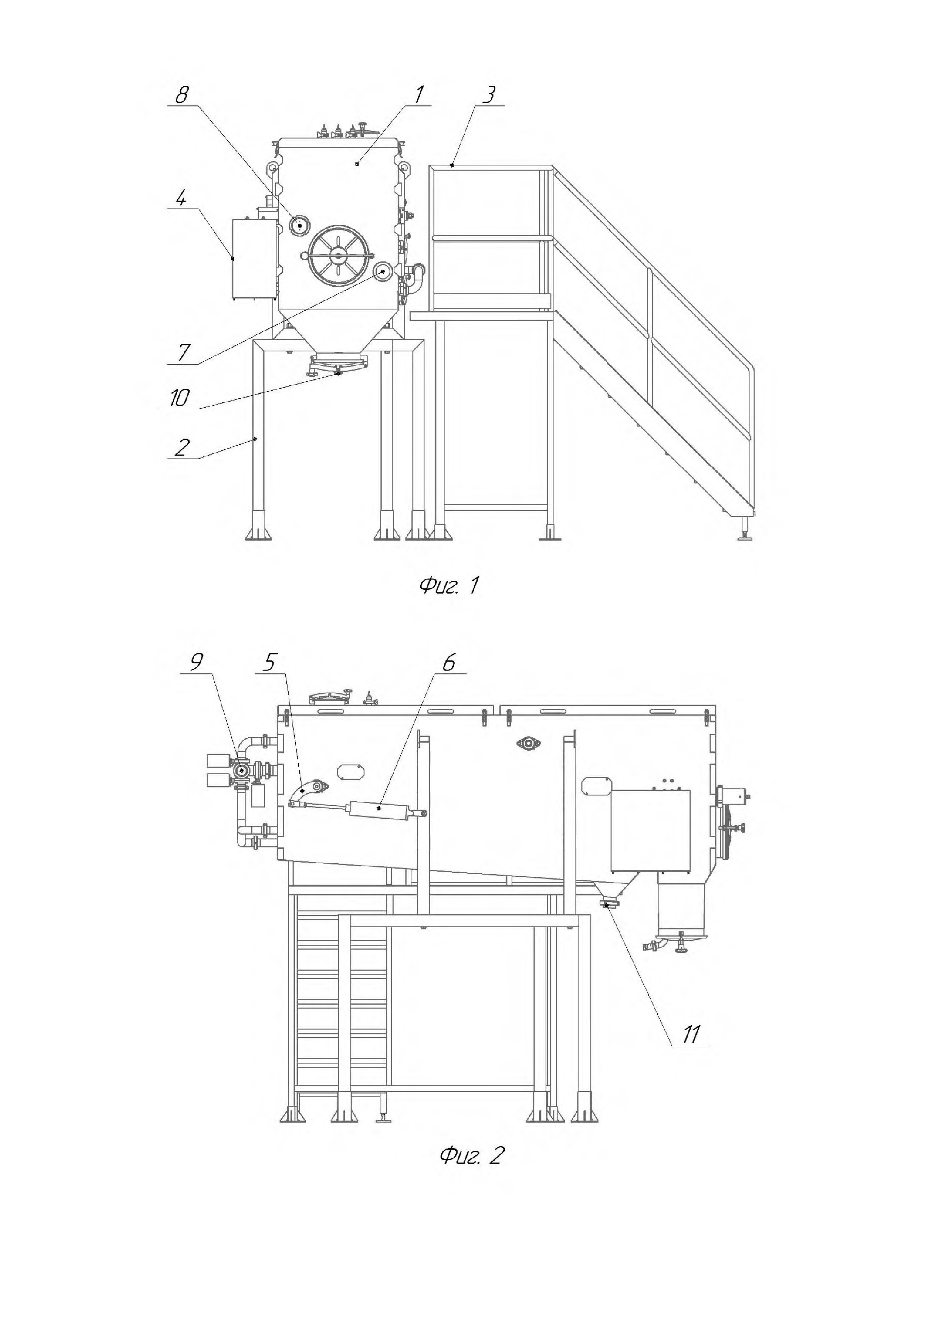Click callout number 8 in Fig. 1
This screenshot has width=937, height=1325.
click(182, 94)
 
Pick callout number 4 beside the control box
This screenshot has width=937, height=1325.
click(181, 199)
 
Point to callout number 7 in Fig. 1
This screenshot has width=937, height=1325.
click(183, 352)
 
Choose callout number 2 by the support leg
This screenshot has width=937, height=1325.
click(181, 447)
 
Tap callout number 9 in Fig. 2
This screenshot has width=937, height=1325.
click(197, 663)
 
